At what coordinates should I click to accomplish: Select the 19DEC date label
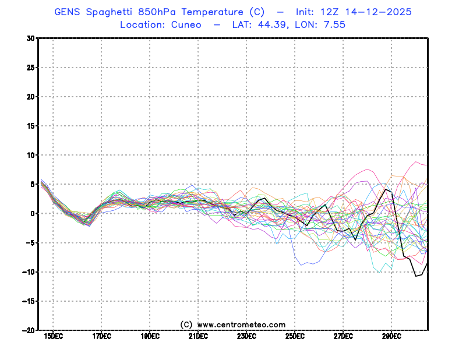click(150, 336)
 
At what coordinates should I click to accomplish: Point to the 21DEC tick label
click(198, 336)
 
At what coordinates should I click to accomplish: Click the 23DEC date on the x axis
click(246, 336)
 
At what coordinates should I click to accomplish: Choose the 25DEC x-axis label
click(295, 336)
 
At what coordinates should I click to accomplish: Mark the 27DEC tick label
click(343, 336)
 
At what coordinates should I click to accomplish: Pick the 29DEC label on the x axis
click(391, 336)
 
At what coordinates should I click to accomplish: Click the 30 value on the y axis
click(30, 38)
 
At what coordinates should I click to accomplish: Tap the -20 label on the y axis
click(28, 330)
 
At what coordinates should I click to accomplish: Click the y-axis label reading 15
click(30, 126)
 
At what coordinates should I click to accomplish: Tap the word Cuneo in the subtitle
click(186, 24)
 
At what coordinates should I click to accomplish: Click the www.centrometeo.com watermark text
click(241, 324)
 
